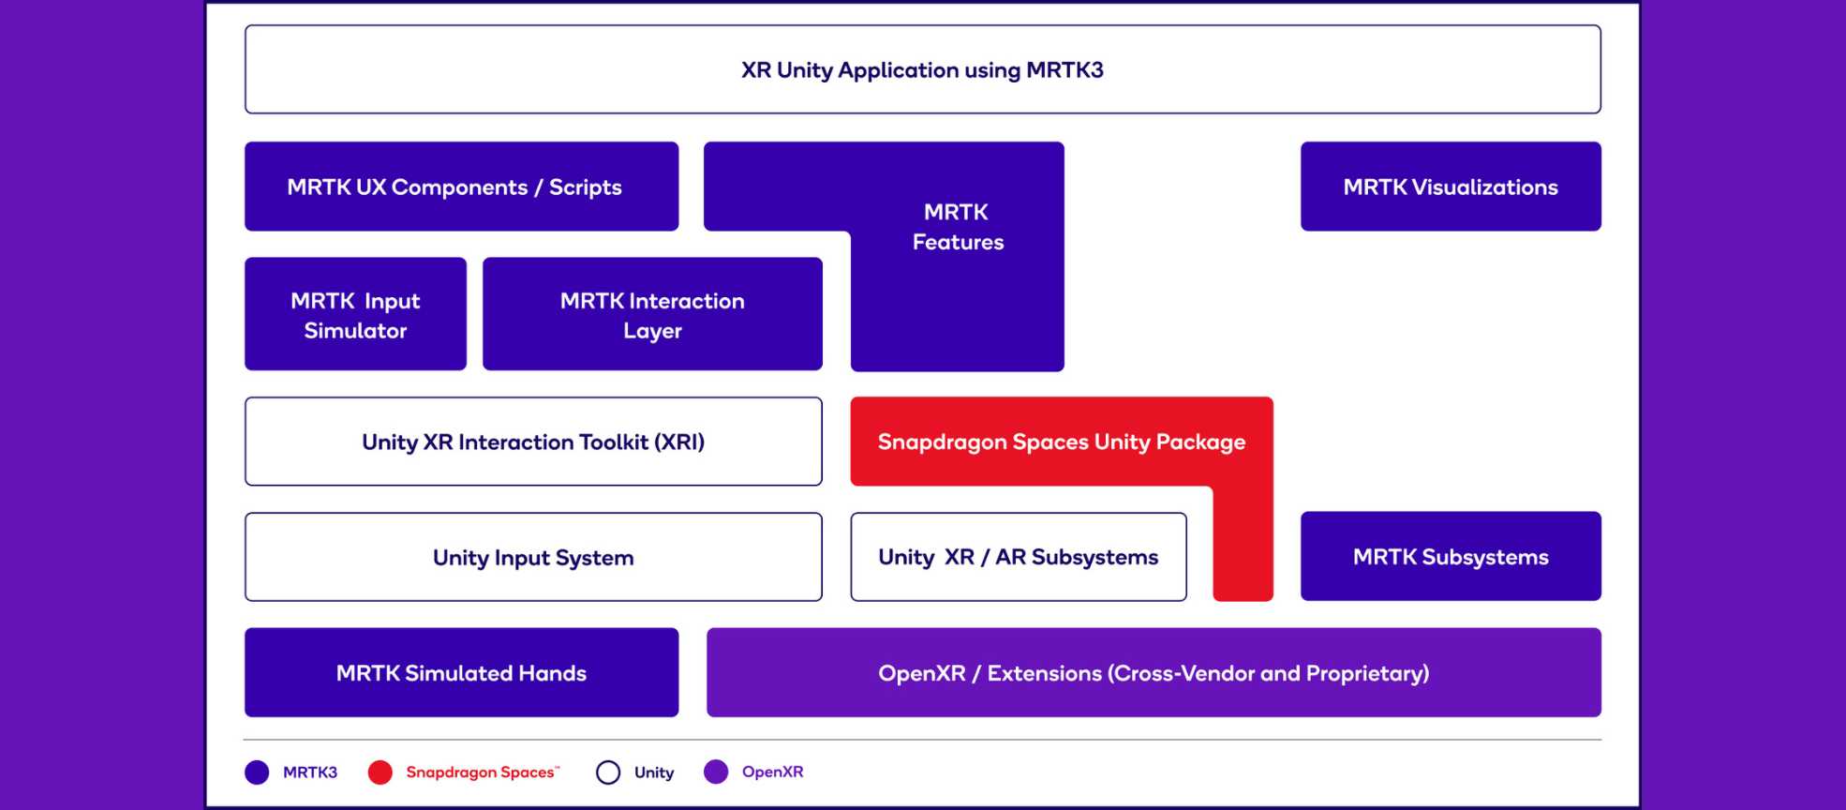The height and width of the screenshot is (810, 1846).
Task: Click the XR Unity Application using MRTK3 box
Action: pos(923,69)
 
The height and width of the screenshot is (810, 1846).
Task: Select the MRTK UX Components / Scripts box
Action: pos(462,187)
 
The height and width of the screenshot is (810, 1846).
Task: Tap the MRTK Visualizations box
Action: pos(1451,187)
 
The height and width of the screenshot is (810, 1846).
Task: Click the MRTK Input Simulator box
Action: pos(355,314)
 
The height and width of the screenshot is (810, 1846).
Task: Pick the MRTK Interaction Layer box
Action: pos(652,314)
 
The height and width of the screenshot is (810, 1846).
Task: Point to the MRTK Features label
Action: pos(958,227)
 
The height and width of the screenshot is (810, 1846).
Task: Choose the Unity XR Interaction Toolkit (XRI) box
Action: pos(533,442)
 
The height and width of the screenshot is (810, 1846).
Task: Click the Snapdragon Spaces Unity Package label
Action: pos(1062,442)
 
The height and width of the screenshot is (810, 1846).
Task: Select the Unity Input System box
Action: pos(533,557)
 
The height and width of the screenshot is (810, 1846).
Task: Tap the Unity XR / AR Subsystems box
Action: pos(1019,557)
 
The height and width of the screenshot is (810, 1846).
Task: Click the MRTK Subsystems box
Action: pos(1451,556)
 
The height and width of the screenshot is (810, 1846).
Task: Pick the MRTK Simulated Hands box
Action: pos(462,672)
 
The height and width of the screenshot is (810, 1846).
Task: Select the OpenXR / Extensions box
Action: pos(1154,672)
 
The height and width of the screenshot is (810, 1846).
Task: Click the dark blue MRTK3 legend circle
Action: pos(257,772)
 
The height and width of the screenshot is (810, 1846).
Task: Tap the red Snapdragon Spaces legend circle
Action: pos(380,772)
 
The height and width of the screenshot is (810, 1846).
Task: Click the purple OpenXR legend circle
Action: pos(716,772)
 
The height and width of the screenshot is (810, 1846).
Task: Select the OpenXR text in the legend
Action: pos(773,772)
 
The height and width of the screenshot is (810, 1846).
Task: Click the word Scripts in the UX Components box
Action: pos(586,187)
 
